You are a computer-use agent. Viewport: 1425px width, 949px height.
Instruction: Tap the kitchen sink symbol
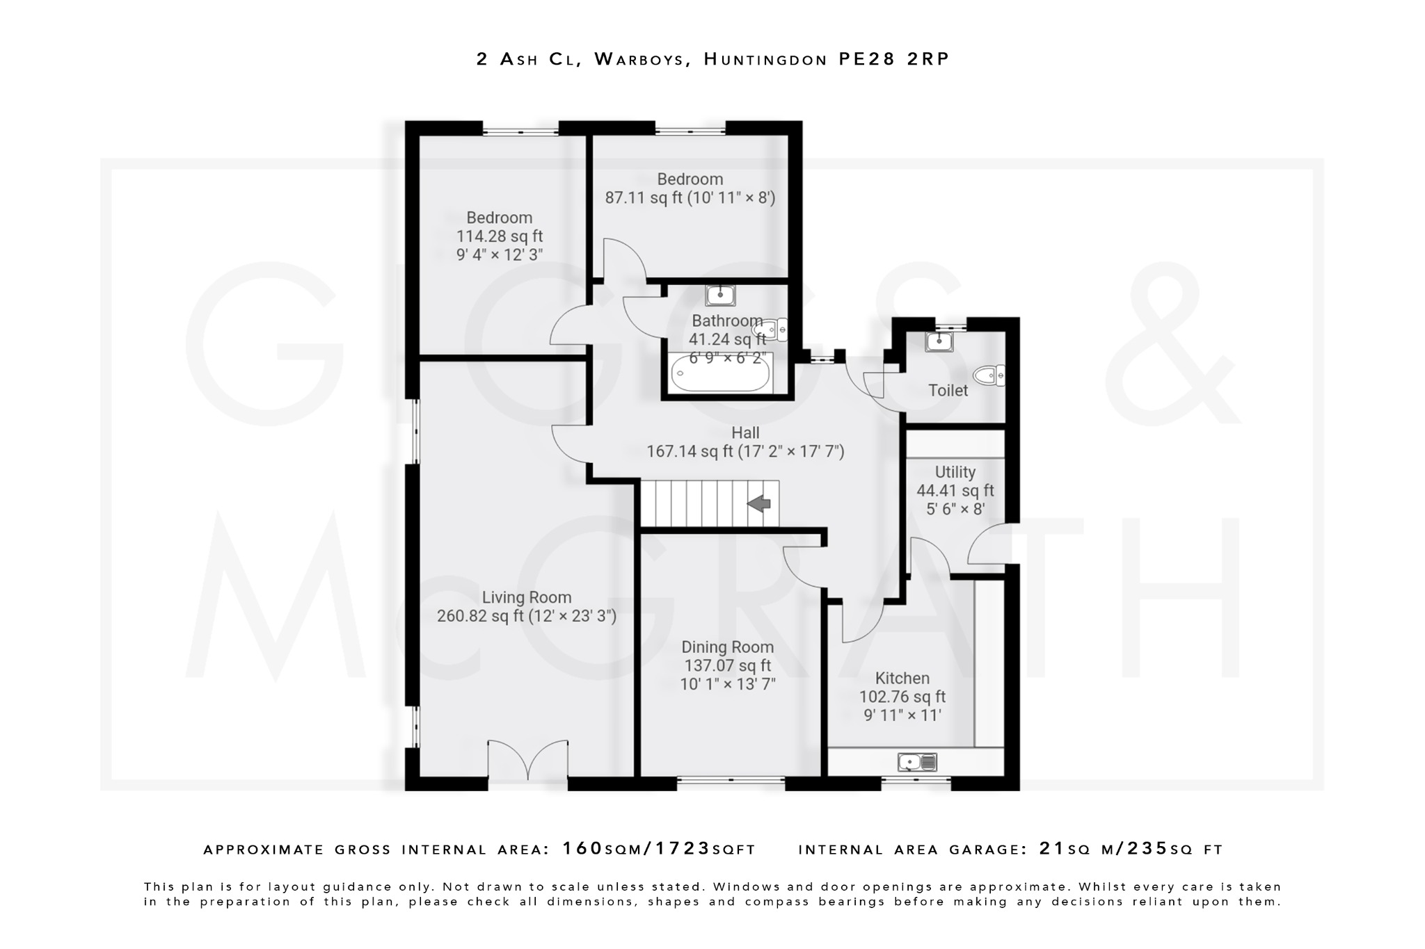pos(917,763)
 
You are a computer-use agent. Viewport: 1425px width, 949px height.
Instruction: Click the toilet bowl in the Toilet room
pos(988,376)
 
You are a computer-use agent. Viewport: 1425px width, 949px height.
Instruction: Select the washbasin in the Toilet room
pos(939,341)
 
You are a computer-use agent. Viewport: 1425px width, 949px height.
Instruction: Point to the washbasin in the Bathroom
pos(720,295)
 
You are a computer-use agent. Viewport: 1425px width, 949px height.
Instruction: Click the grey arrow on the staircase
pos(760,503)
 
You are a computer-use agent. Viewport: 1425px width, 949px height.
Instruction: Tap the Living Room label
pos(527,597)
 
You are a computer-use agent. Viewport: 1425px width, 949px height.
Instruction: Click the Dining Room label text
pos(727,647)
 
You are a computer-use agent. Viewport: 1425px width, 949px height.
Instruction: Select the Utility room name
pos(955,472)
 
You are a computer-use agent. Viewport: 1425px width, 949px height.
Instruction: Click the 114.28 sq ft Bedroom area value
pos(500,236)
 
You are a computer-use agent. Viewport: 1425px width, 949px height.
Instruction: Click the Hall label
pos(745,432)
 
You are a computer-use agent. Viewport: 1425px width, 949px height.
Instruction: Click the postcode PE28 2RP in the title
pos(893,59)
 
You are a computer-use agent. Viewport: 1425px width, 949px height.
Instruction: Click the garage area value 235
pos(1147,849)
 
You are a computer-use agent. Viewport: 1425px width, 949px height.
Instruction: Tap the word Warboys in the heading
pos(639,59)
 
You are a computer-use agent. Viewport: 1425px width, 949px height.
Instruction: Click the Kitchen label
pos(902,678)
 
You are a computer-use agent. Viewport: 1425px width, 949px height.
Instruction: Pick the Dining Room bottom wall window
pos(731,782)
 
